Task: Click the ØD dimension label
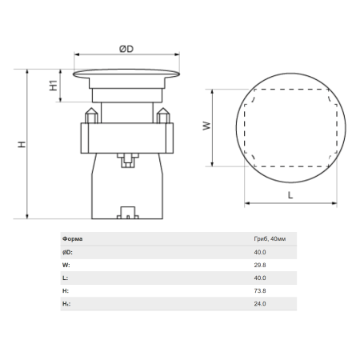126,49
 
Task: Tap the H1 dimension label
54,86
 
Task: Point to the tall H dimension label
22,144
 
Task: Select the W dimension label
206,126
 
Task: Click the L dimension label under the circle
290,195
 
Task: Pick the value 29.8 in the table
260,265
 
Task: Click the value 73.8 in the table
260,290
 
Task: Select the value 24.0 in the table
260,304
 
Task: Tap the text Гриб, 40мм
270,239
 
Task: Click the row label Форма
73,239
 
